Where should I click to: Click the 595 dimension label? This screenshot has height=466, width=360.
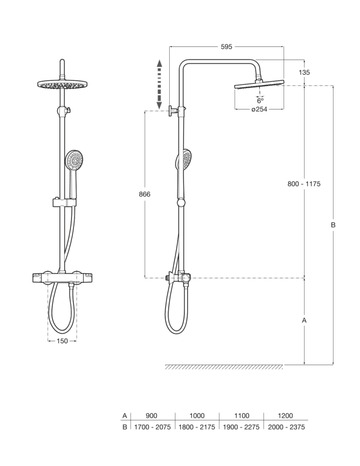click(226, 47)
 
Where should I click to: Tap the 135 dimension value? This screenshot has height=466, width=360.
click(304, 72)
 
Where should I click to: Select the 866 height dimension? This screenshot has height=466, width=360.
click(145, 194)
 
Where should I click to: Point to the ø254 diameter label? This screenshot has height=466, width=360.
click(259, 109)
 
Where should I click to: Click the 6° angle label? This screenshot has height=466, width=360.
click(261, 101)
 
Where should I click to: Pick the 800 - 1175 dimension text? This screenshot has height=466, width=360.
click(304, 184)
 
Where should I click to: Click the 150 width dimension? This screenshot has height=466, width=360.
click(62, 341)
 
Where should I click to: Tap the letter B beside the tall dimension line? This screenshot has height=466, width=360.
click(333, 225)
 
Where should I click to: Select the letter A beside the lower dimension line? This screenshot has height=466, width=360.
click(304, 320)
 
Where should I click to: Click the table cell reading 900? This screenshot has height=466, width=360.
click(151, 416)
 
